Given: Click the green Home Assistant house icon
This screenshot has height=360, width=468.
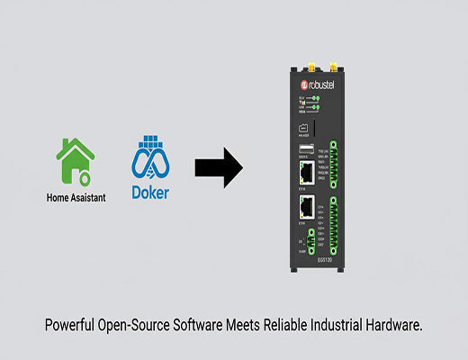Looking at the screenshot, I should tap(76, 159).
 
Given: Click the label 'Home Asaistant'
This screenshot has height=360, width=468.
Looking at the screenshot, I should tap(76, 197).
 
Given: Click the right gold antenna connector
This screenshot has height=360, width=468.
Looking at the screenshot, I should tap(333, 68).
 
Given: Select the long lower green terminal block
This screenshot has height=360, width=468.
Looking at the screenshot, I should tap(334, 226).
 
